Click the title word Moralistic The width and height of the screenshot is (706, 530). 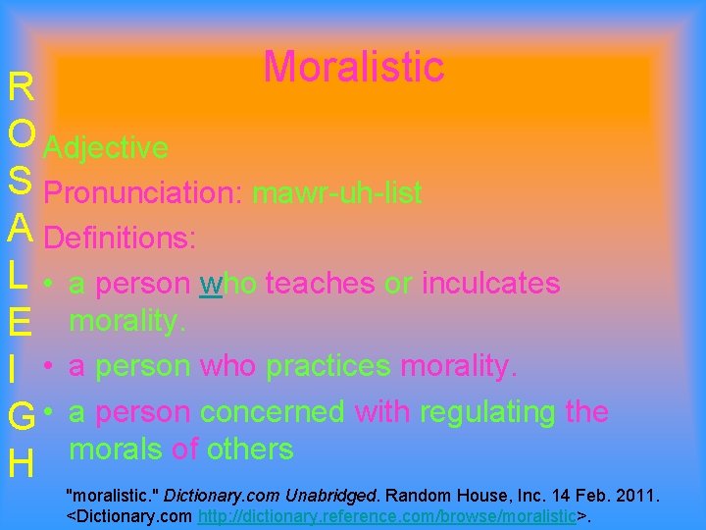353,67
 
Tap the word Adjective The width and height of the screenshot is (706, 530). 106,148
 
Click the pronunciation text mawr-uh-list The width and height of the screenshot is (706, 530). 336,193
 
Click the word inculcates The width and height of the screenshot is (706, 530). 490,284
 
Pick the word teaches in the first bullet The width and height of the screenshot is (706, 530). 320,284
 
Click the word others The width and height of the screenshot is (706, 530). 249,450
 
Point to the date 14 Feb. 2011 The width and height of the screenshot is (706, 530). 616,494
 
